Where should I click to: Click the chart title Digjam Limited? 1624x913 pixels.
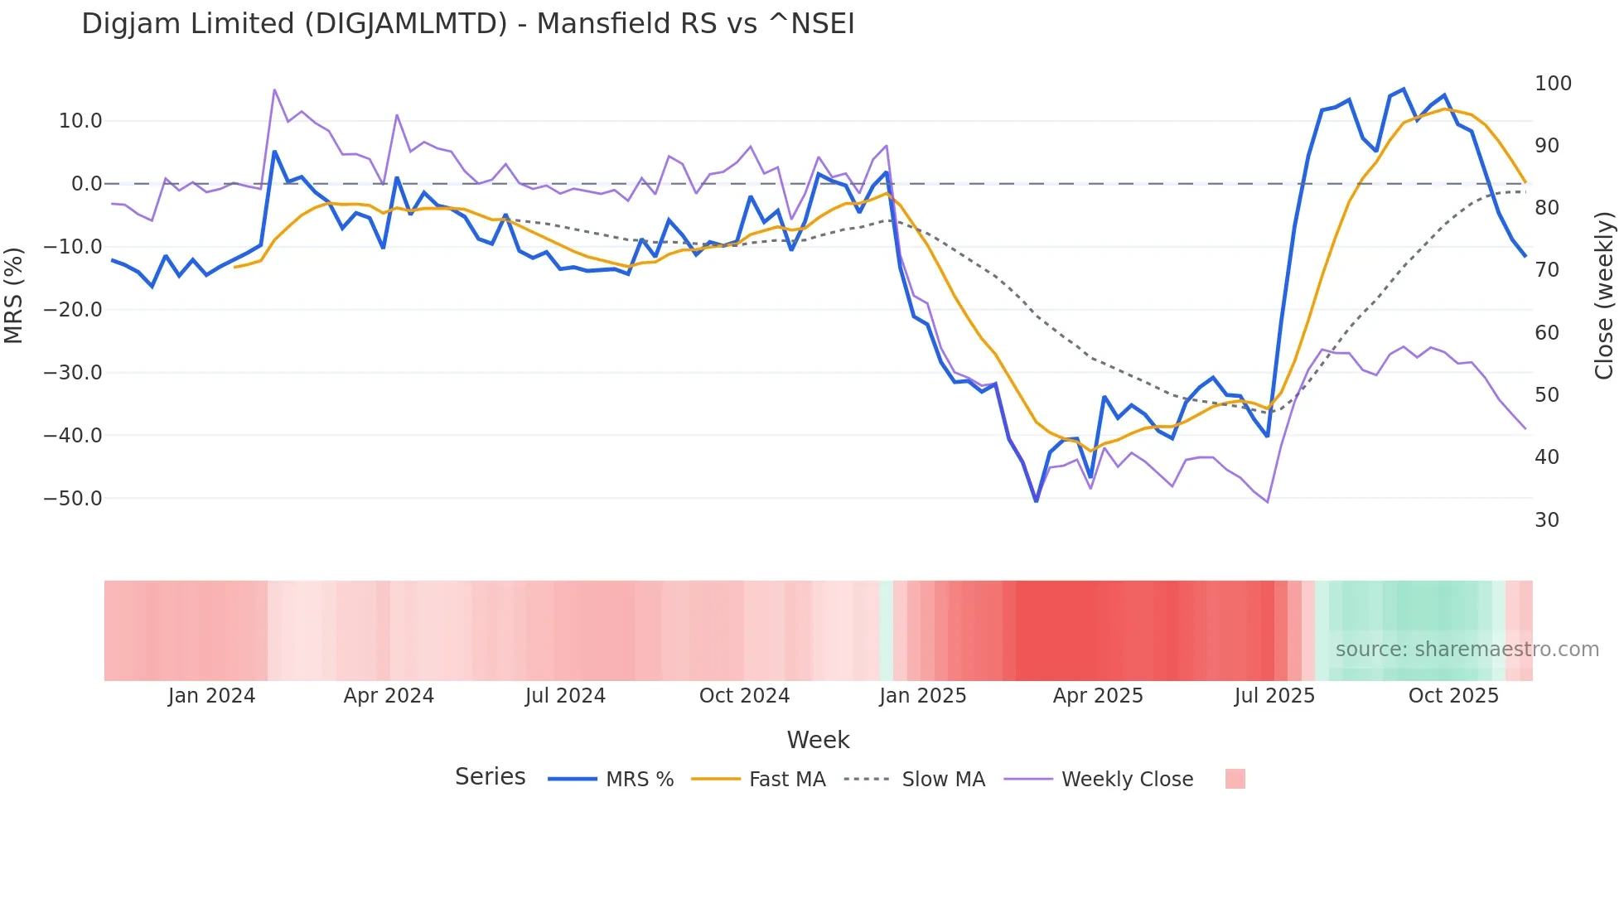coord(467,24)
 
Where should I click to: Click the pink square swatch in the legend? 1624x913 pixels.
coord(1235,779)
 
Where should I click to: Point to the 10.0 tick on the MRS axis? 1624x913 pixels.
coord(80,121)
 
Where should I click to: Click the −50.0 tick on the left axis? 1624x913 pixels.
coord(73,499)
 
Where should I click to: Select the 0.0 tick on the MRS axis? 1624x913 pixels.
coord(86,184)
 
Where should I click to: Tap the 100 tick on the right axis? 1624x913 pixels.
coord(1553,84)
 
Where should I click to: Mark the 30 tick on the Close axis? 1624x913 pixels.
coord(1547,520)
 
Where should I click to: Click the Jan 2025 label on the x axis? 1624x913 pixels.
coord(922,696)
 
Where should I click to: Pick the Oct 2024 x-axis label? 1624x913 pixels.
coord(744,696)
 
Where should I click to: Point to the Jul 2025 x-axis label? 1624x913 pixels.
coord(1274,696)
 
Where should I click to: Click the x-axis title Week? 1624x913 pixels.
coord(818,740)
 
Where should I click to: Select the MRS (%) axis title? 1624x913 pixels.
coord(14,295)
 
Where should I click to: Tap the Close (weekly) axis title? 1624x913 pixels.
coord(1605,295)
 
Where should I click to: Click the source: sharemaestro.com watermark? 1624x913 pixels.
coord(1467,650)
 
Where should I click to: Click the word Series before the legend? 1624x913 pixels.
coord(490,777)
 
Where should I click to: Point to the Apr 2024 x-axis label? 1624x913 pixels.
coord(389,696)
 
